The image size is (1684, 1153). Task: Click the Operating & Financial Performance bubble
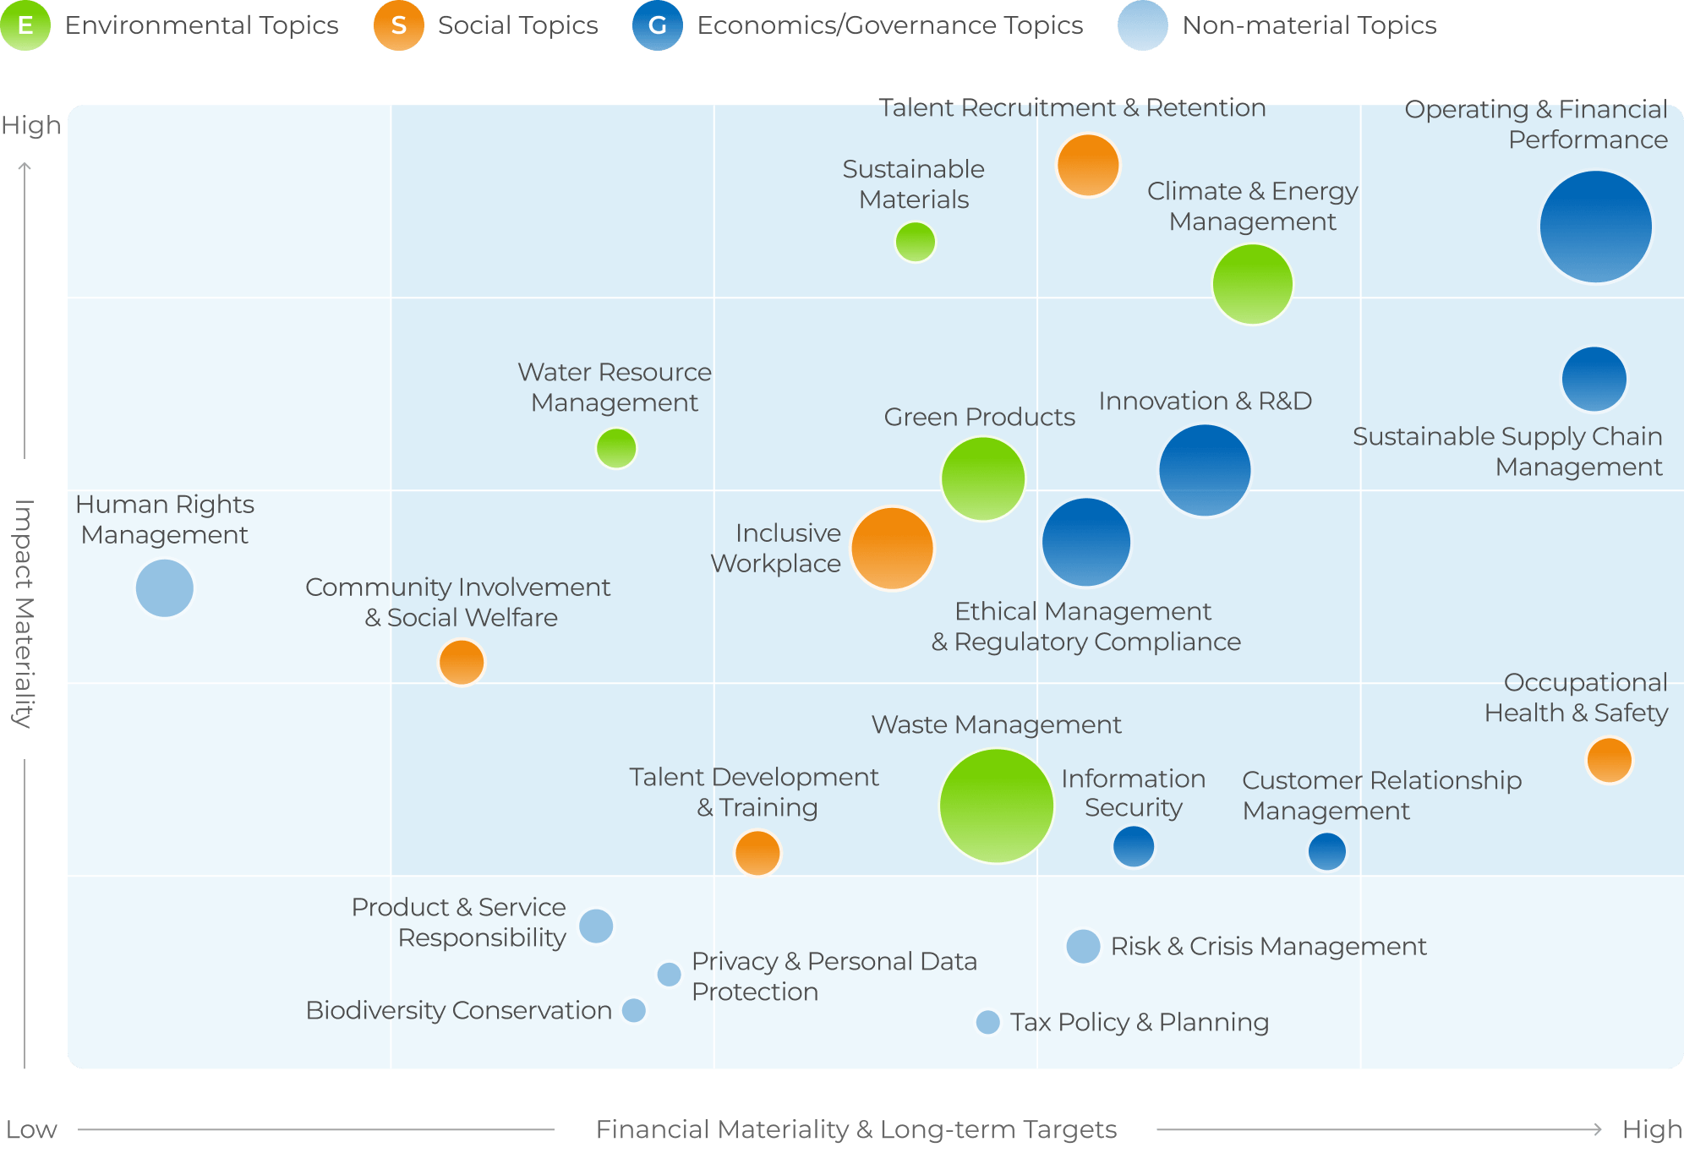coord(1595,227)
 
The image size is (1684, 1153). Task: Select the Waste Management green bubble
coord(997,806)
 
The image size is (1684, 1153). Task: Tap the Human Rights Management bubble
coord(165,588)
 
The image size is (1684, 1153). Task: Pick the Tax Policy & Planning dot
coord(987,1022)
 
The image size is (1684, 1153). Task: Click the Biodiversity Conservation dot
coord(633,1010)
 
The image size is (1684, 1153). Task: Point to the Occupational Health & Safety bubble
coord(1609,760)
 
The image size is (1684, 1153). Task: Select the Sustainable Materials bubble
coord(915,243)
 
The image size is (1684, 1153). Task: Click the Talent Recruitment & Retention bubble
coord(1088,166)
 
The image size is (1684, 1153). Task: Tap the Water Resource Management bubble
coord(616,448)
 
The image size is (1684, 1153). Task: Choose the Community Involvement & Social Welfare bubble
coord(462,662)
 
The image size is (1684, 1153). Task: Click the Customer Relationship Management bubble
coord(1327,851)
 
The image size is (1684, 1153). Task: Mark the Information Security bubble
coord(1134,846)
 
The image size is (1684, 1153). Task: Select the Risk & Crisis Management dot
coord(1083,947)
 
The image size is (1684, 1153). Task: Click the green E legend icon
coord(25,25)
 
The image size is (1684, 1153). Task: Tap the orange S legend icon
coord(399,25)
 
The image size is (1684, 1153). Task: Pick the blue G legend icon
coord(658,25)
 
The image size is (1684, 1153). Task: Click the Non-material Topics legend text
coord(1309,25)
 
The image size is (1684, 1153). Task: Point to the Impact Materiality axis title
coord(24,614)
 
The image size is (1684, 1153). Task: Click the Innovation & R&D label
coord(1206,401)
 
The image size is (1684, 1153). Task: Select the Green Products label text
coord(980,417)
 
